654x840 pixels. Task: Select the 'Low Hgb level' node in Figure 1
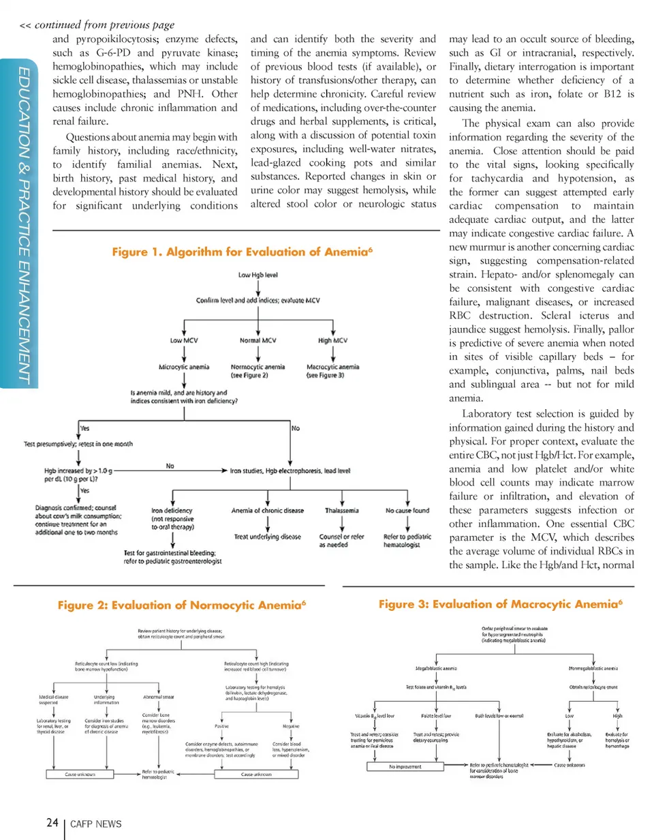point(258,276)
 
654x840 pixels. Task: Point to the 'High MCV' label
point(333,340)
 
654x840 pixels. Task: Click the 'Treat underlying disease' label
point(268,537)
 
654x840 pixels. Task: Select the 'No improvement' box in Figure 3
point(407,766)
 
